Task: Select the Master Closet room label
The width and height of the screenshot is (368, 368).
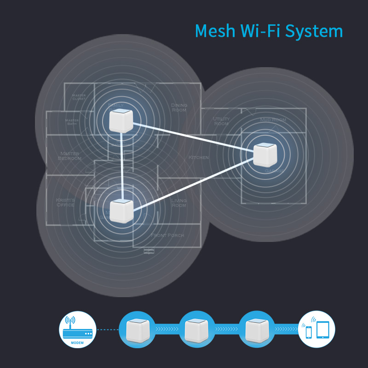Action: pyautogui.click(x=79, y=97)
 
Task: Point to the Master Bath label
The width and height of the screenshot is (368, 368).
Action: pyautogui.click(x=72, y=121)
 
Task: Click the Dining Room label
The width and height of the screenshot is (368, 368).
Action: pyautogui.click(x=179, y=108)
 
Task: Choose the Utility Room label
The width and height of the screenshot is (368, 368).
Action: pyautogui.click(x=221, y=121)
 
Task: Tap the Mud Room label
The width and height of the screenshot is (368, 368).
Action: pyautogui.click(x=273, y=120)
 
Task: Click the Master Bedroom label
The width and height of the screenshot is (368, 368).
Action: pyautogui.click(x=70, y=156)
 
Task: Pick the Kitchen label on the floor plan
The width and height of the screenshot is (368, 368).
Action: pyautogui.click(x=198, y=158)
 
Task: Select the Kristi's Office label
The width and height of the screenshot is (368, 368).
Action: pyautogui.click(x=65, y=202)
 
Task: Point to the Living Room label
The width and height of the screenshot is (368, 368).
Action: pyautogui.click(x=178, y=203)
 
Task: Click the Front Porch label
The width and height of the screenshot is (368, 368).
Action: pyautogui.click(x=167, y=236)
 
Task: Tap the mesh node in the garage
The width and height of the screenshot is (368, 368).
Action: pyautogui.click(x=265, y=155)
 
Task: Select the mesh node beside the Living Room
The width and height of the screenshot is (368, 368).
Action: pyautogui.click(x=121, y=211)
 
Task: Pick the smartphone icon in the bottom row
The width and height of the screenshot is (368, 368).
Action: pyautogui.click(x=309, y=331)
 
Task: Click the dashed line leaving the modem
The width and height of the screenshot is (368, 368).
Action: pyautogui.click(x=107, y=330)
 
